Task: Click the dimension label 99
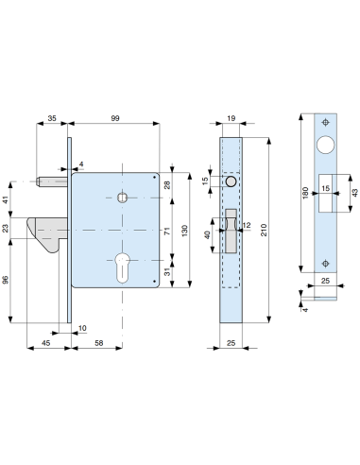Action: (x=114, y=118)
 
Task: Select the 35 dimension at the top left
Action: (x=52, y=118)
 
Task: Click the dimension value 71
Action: (x=167, y=231)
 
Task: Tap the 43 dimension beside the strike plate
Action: (x=354, y=194)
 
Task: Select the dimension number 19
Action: (x=231, y=118)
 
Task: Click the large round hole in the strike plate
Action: (x=326, y=146)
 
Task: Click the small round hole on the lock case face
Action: (x=122, y=198)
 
